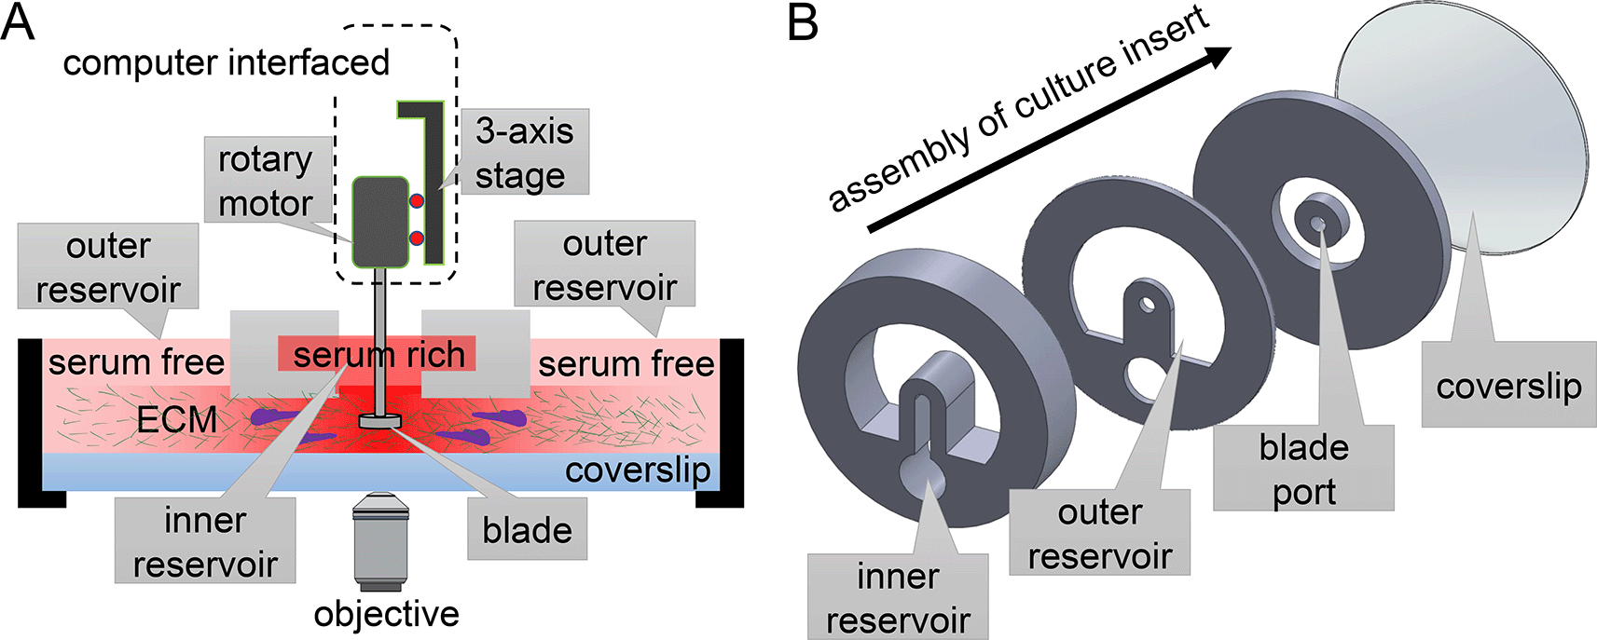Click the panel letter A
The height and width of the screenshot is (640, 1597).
point(18,22)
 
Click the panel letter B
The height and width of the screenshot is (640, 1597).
point(803,22)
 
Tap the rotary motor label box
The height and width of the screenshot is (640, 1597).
point(266,182)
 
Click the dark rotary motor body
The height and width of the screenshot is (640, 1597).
point(379,223)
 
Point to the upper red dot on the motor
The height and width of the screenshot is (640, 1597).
point(417,201)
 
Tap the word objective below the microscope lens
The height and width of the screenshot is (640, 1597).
point(386,614)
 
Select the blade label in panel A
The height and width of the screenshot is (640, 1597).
point(527,530)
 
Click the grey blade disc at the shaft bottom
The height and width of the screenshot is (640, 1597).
point(381,421)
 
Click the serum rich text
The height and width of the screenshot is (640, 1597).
point(378,355)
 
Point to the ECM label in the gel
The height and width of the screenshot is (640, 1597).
point(176,420)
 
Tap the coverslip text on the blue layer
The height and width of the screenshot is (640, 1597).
point(638,470)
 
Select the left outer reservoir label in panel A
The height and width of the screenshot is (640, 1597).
point(108,267)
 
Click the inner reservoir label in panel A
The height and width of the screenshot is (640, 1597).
point(205,542)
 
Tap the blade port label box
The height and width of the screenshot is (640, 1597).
point(1303,469)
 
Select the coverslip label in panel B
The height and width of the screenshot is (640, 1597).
point(1508,386)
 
